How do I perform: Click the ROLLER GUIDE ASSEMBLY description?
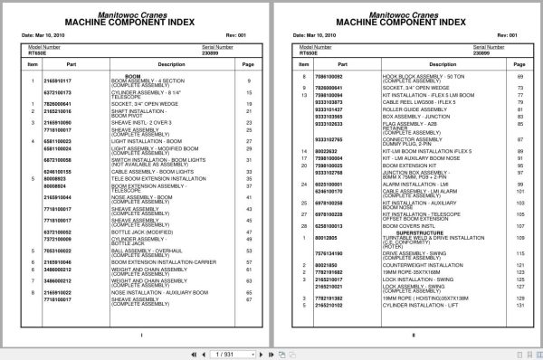coord(392,109)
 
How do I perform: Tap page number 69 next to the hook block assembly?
coord(521,78)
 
